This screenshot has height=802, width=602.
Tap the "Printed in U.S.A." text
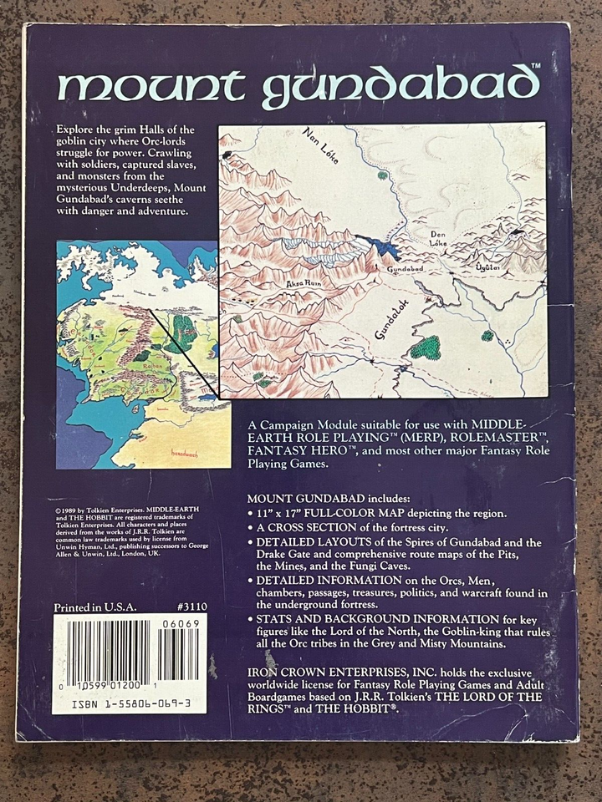(94, 608)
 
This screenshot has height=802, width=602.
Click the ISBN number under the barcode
(130, 704)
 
